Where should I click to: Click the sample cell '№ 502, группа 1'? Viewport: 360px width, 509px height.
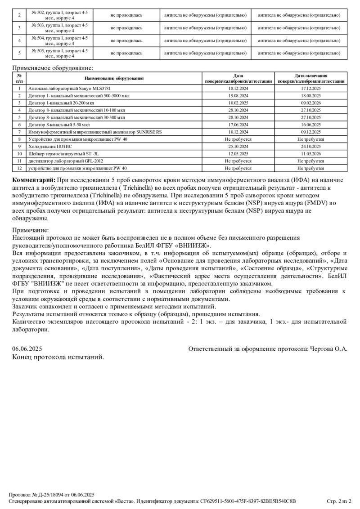tap(59, 15)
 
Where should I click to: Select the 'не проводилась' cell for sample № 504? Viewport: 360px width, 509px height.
tap(126, 40)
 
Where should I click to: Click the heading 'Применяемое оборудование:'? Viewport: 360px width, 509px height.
tap(53, 68)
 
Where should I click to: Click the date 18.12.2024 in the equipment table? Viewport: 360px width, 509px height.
tap(238, 89)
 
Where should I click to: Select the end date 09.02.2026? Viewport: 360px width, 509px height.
tap(311, 103)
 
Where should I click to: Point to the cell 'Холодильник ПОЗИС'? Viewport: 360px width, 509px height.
tap(50, 146)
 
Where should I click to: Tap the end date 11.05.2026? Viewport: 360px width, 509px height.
tap(311, 153)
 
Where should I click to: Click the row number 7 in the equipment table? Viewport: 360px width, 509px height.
tap(19, 132)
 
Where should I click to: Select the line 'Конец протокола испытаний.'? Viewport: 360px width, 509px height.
tap(58, 357)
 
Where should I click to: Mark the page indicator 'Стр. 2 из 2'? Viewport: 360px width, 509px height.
tap(338, 501)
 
